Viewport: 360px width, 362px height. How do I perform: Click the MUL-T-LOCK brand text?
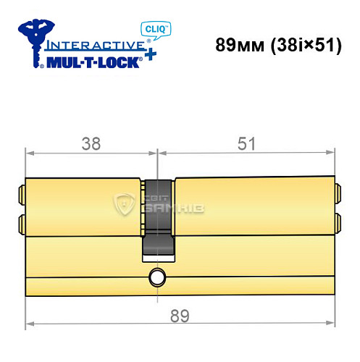pos(94,62)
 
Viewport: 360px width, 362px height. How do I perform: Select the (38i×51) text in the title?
pos(301,44)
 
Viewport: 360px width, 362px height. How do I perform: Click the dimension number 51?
pos(248,144)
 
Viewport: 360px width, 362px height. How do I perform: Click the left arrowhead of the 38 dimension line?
pos(29,153)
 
